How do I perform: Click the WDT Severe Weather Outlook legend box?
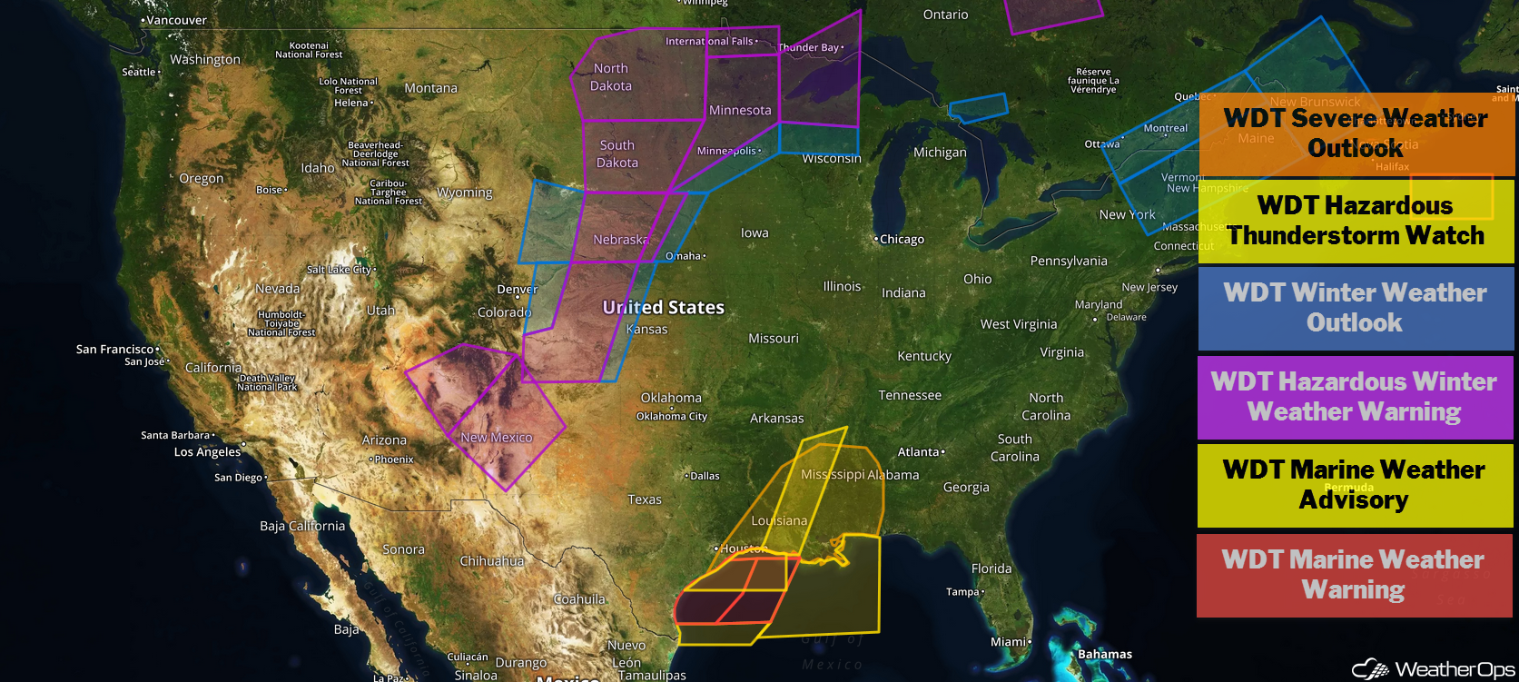(x=1356, y=133)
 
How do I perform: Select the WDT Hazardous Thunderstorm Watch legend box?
(x=1356, y=221)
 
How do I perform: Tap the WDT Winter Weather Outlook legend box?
(x=1355, y=308)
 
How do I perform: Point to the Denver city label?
(x=517, y=290)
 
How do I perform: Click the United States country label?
(x=663, y=308)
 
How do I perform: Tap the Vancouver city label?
(x=175, y=20)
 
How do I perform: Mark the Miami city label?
(x=1009, y=642)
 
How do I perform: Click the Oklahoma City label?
(x=671, y=417)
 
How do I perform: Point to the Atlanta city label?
(x=919, y=452)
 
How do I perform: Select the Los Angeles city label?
(x=207, y=452)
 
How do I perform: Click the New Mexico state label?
(x=497, y=438)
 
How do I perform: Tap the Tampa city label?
(x=963, y=592)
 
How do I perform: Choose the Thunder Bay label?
(x=809, y=47)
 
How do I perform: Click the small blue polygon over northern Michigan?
(x=978, y=108)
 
